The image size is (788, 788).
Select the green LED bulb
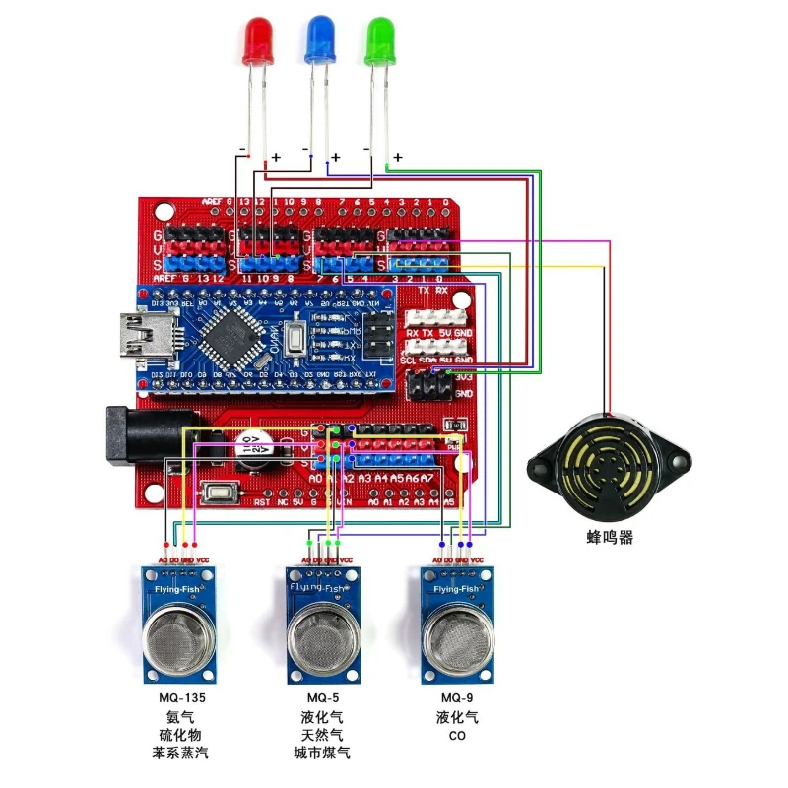tap(380, 42)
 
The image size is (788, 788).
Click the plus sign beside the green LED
tap(398, 158)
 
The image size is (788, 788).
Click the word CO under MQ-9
tap(457, 736)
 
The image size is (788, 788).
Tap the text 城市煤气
tap(322, 755)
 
